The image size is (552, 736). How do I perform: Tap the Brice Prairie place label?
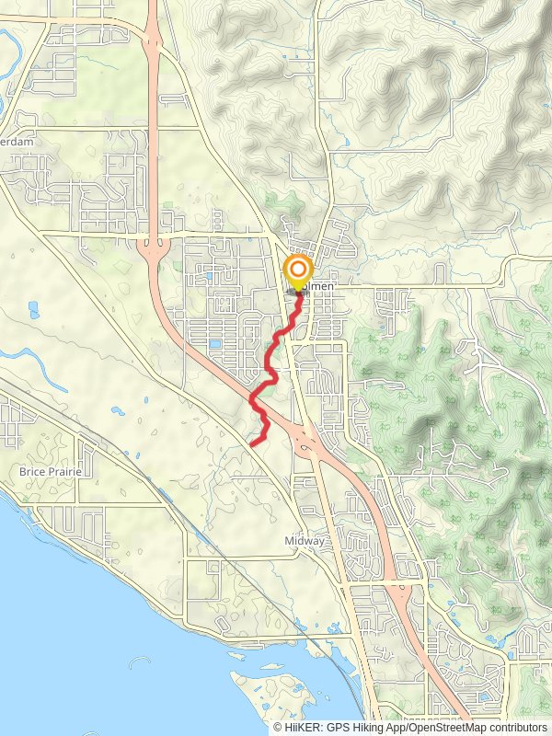(x=51, y=472)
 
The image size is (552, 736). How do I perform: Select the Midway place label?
(x=305, y=541)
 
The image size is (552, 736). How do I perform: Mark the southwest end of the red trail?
(x=251, y=445)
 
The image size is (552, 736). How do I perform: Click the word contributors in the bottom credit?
(x=517, y=727)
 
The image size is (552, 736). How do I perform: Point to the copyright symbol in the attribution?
(x=278, y=727)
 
